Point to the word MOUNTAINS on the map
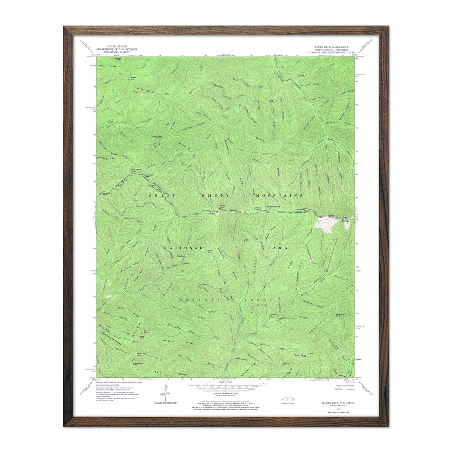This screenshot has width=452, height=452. click(x=279, y=195)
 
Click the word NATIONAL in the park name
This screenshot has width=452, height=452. click(x=183, y=248)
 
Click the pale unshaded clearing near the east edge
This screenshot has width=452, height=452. click(x=325, y=225)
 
